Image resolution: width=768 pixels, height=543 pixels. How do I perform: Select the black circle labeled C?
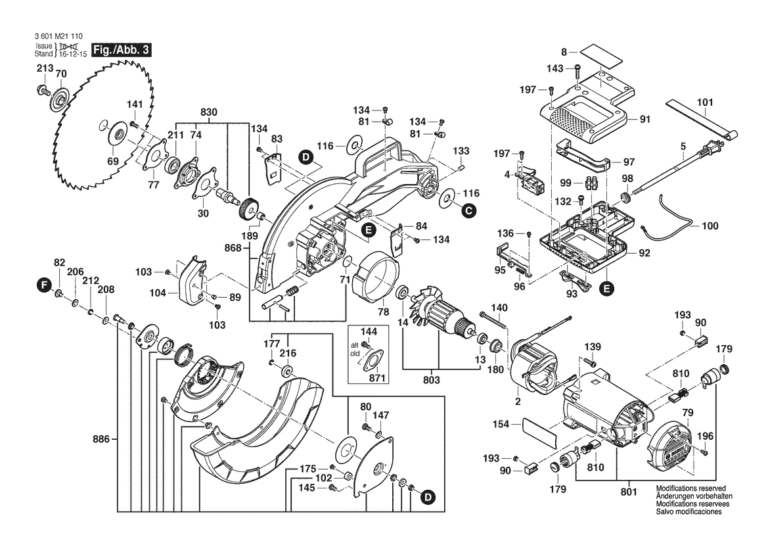tap(467, 210)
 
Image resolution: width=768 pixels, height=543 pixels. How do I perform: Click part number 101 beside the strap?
tap(704, 103)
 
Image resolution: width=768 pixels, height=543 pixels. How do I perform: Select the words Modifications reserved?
tap(687, 489)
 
